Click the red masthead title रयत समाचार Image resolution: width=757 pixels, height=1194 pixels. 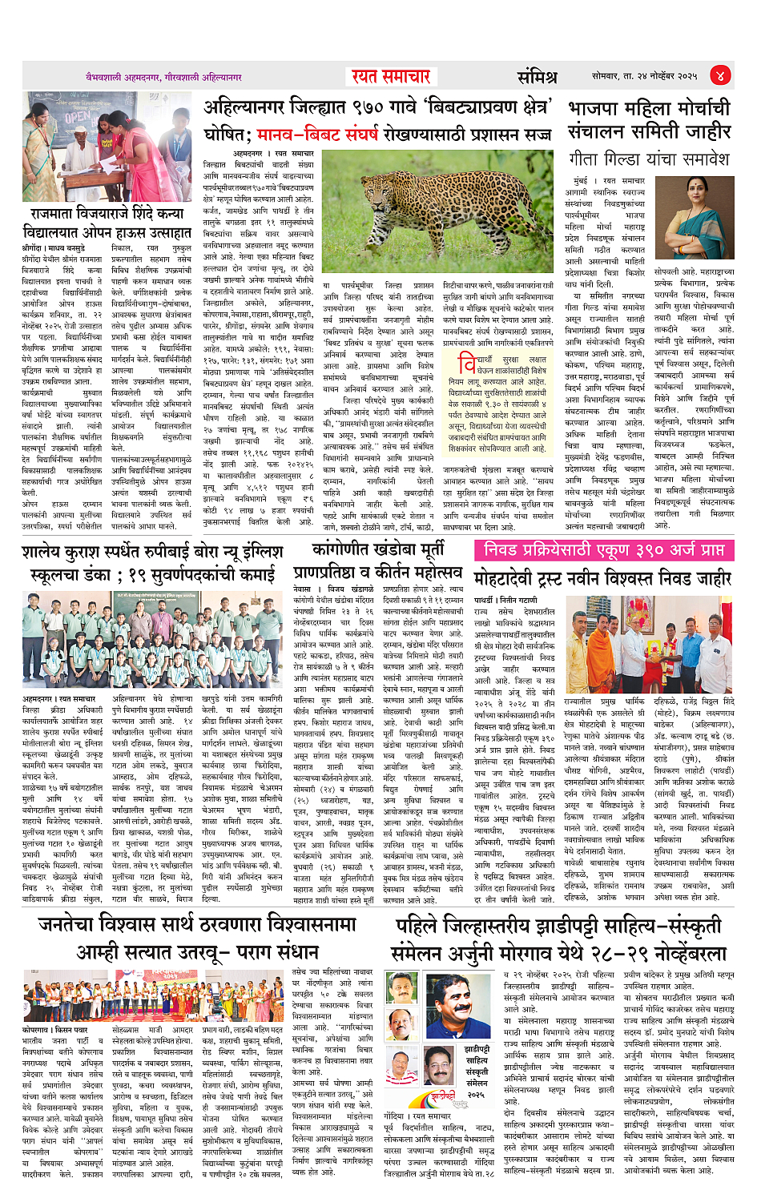392,76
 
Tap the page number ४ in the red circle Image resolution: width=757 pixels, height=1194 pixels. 720,76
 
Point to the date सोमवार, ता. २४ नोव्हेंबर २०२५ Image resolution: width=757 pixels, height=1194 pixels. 644,77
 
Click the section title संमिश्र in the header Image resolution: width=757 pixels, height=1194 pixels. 536,77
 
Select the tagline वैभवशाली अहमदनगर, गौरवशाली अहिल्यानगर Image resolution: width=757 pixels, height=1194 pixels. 164,78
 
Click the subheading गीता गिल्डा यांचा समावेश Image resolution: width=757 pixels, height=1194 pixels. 649,159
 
